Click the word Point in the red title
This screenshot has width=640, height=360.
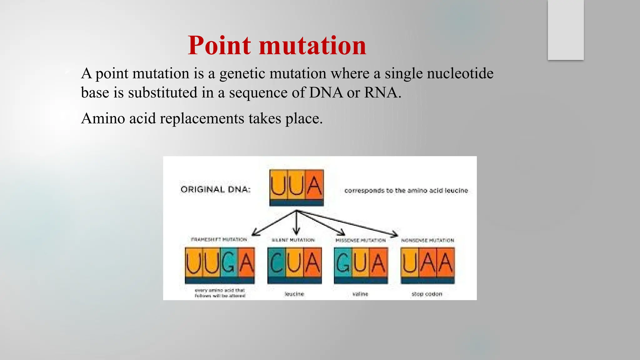tap(219, 46)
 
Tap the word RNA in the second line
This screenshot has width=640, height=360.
tap(381, 92)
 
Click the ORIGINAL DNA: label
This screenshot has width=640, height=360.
tap(216, 189)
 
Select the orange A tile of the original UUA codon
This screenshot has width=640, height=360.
tap(314, 185)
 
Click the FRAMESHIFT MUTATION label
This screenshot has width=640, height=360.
tap(219, 239)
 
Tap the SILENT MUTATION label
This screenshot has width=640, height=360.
tap(293, 240)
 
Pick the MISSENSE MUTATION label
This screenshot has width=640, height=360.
tap(360, 240)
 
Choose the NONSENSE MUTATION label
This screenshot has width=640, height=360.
tap(427, 240)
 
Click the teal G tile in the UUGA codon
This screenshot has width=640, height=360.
tap(229, 262)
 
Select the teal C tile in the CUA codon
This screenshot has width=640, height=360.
tap(276, 262)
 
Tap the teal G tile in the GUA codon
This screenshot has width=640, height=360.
tap(343, 262)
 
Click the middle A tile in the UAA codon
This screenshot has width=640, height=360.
tap(427, 262)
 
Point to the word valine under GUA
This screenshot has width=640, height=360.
tap(360, 294)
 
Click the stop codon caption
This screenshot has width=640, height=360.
tap(427, 294)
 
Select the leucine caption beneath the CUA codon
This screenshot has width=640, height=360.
tap(294, 294)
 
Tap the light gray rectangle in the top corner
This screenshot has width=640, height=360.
tap(566, 30)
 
